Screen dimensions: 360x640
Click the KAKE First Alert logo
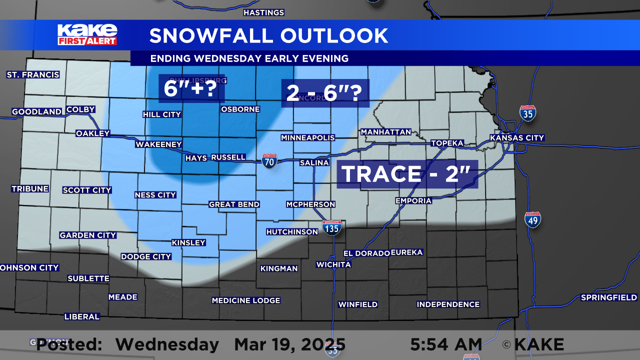(87, 34)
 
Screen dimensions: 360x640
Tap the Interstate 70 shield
(269, 161)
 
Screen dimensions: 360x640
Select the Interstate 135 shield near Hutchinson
(332, 227)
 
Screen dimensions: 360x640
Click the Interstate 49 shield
(532, 219)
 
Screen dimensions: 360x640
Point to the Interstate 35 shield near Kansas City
(527, 113)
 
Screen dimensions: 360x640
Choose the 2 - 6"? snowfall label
(324, 93)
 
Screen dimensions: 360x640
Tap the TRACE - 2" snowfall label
(406, 174)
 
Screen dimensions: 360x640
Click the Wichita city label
(333, 264)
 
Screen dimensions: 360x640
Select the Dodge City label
(146, 256)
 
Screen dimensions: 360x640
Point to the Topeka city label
(447, 143)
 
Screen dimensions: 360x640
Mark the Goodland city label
(36, 112)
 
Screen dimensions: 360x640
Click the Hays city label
(196, 158)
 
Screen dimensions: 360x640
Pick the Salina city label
(314, 163)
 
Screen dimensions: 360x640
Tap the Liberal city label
(82, 316)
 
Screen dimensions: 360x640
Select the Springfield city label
(608, 297)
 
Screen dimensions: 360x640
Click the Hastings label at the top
(263, 12)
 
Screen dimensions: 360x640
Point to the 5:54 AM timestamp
(446, 344)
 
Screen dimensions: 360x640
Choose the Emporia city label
(413, 201)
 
